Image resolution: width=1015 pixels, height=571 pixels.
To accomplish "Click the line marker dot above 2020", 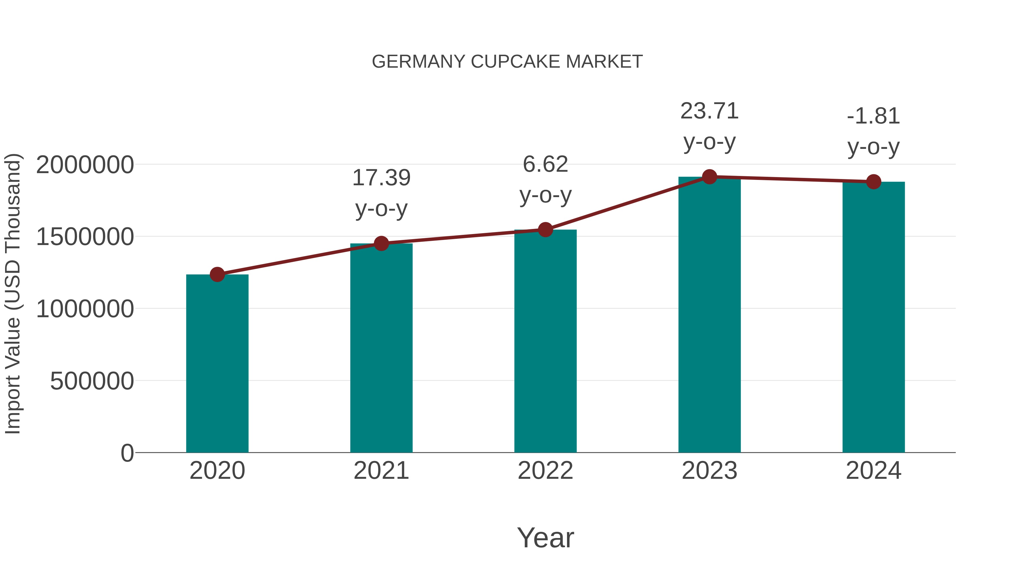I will click(x=217, y=274).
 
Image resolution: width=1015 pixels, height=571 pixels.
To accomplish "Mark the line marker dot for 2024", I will click(x=873, y=182).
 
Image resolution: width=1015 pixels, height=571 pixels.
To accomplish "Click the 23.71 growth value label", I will click(x=709, y=111).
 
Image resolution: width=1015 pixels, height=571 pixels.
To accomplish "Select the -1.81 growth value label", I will click(x=873, y=116).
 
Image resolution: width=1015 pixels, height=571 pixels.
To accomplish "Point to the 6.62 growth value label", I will click(x=545, y=164).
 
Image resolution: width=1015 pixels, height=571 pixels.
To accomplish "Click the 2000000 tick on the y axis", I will click(x=85, y=165).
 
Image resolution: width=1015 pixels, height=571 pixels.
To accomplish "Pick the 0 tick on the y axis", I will click(x=127, y=453).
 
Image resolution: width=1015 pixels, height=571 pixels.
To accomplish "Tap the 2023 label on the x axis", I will click(x=709, y=471).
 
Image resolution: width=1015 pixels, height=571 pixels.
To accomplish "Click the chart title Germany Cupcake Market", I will click(x=507, y=61).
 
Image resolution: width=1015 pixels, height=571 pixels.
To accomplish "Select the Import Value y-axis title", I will click(x=13, y=294).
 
